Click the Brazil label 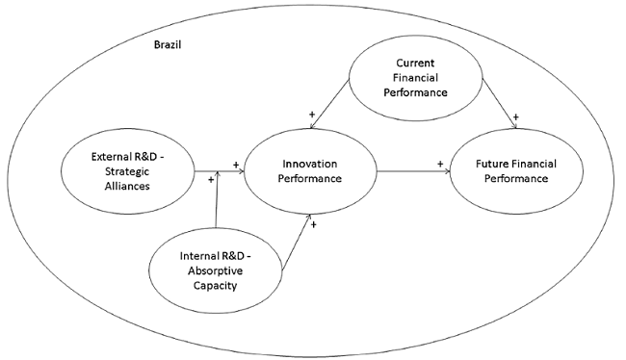coord(170,45)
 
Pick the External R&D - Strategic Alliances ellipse coord(122,171)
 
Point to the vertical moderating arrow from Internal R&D coord(219,202)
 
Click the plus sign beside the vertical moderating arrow coord(209,180)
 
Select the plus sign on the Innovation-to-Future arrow coord(440,164)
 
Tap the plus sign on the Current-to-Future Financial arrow coord(516,115)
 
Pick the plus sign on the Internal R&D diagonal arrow coord(314,224)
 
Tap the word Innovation coord(311,165)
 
